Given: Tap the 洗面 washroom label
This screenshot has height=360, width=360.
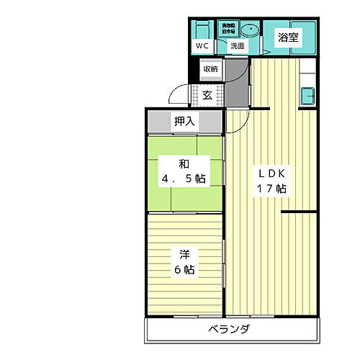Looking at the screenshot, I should pos(237,46).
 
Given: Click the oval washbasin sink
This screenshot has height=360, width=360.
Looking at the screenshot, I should pos(249,30).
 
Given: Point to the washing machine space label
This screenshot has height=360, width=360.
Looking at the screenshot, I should pos(228,29).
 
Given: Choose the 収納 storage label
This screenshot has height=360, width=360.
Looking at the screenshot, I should pos(210,69).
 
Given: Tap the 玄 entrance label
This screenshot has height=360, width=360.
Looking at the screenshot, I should pos(207,94).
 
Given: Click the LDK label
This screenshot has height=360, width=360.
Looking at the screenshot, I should pos(271,174).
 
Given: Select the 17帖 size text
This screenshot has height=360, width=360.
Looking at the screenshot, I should pos(271,189).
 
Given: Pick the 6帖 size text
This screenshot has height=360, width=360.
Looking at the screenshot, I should pos(184,270).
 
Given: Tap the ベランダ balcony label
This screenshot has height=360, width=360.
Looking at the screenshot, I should pos(230,330).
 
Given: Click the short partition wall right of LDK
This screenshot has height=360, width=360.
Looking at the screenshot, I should pos(299,212).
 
